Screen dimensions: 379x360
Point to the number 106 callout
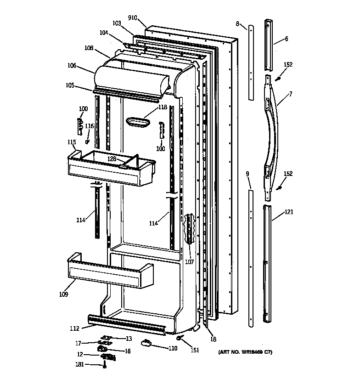point(72,66)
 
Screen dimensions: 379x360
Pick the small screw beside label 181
point(105,365)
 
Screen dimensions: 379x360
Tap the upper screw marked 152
point(278,79)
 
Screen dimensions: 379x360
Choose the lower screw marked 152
point(279,187)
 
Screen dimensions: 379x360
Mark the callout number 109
point(63,294)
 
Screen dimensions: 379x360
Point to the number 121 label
point(288,212)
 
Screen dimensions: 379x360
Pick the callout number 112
point(74,328)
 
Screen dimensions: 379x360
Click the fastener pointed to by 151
point(181,339)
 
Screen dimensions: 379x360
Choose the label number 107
point(189,262)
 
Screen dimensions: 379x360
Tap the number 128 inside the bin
point(112,158)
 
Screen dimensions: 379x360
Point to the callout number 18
point(213,339)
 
